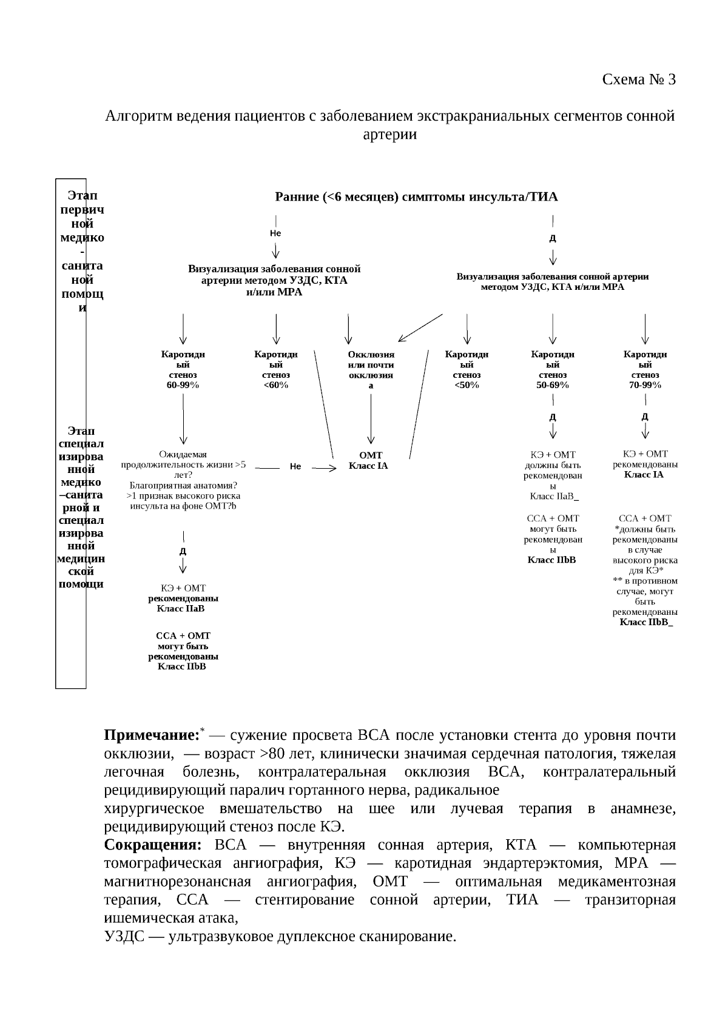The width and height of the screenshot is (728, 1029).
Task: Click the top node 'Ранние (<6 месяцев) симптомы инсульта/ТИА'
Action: click(416, 196)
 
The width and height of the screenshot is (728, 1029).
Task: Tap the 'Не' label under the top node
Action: click(275, 233)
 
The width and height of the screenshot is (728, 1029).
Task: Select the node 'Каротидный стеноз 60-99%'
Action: click(183, 369)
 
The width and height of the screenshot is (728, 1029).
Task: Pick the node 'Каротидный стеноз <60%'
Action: click(276, 369)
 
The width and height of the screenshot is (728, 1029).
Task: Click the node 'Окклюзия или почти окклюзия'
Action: click(371, 369)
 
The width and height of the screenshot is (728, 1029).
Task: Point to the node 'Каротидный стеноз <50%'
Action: click(467, 369)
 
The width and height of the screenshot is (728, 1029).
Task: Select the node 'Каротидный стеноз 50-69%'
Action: click(552, 369)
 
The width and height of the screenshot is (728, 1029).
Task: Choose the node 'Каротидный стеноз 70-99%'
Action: click(645, 369)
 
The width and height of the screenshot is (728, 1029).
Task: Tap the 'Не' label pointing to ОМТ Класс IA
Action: click(295, 466)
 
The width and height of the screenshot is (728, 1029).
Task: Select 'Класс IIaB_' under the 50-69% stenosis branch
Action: click(554, 497)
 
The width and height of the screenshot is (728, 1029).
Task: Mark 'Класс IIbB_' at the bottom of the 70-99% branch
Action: click(645, 623)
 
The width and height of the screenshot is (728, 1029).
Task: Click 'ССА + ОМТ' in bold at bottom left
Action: click(183, 635)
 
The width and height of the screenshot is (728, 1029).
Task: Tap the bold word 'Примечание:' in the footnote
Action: click(152, 736)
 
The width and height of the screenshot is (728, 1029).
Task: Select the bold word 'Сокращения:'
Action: click(152, 845)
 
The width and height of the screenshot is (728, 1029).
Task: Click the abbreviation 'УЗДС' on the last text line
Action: click(124, 937)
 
